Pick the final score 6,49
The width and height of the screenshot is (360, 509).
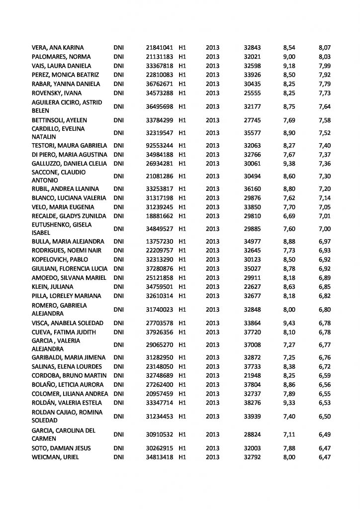pos(324,434)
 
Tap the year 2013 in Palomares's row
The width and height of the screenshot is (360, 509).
pos(212,57)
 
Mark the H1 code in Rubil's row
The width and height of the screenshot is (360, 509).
pos(182,189)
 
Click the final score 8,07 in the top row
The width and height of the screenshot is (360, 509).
pos(324,48)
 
